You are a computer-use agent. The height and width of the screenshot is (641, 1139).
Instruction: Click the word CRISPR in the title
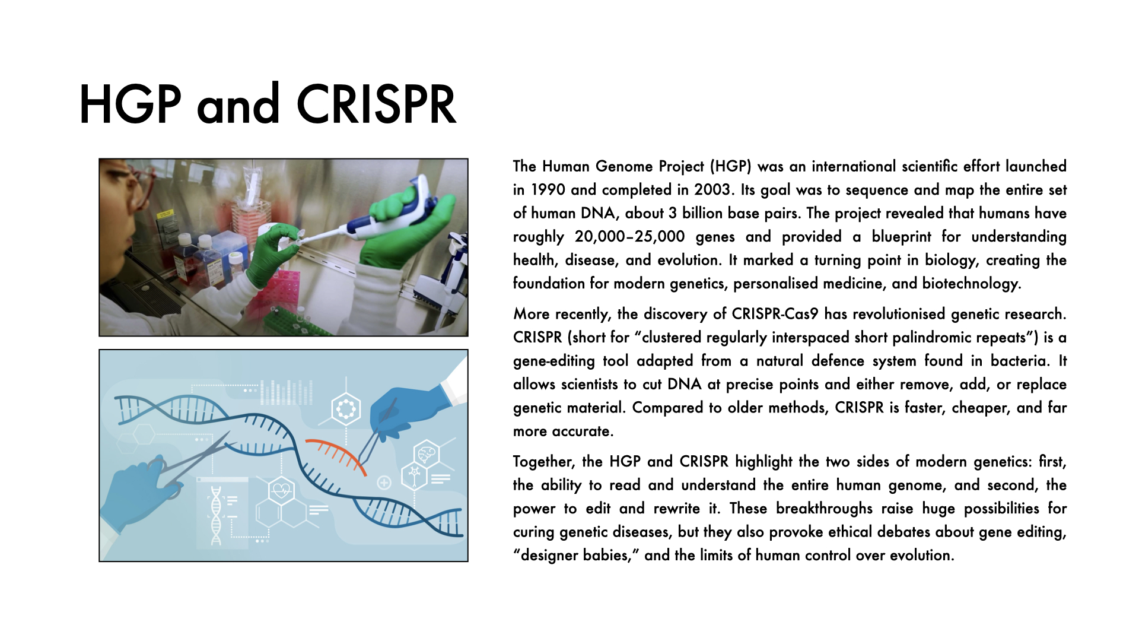(376, 104)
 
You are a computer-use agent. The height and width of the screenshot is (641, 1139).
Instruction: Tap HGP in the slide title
(130, 104)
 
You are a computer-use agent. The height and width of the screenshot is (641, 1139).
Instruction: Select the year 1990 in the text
(548, 190)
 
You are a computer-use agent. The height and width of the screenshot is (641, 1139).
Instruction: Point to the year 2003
(712, 190)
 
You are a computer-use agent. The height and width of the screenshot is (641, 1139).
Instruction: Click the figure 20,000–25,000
(629, 237)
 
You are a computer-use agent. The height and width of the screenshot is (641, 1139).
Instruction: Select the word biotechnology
(971, 284)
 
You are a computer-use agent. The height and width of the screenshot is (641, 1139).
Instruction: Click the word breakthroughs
(824, 509)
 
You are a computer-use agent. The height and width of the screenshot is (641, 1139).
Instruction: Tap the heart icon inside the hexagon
(281, 491)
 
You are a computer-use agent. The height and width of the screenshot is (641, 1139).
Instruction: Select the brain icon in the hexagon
(426, 455)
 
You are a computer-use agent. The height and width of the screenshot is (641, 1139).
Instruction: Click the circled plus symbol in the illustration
(384, 483)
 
